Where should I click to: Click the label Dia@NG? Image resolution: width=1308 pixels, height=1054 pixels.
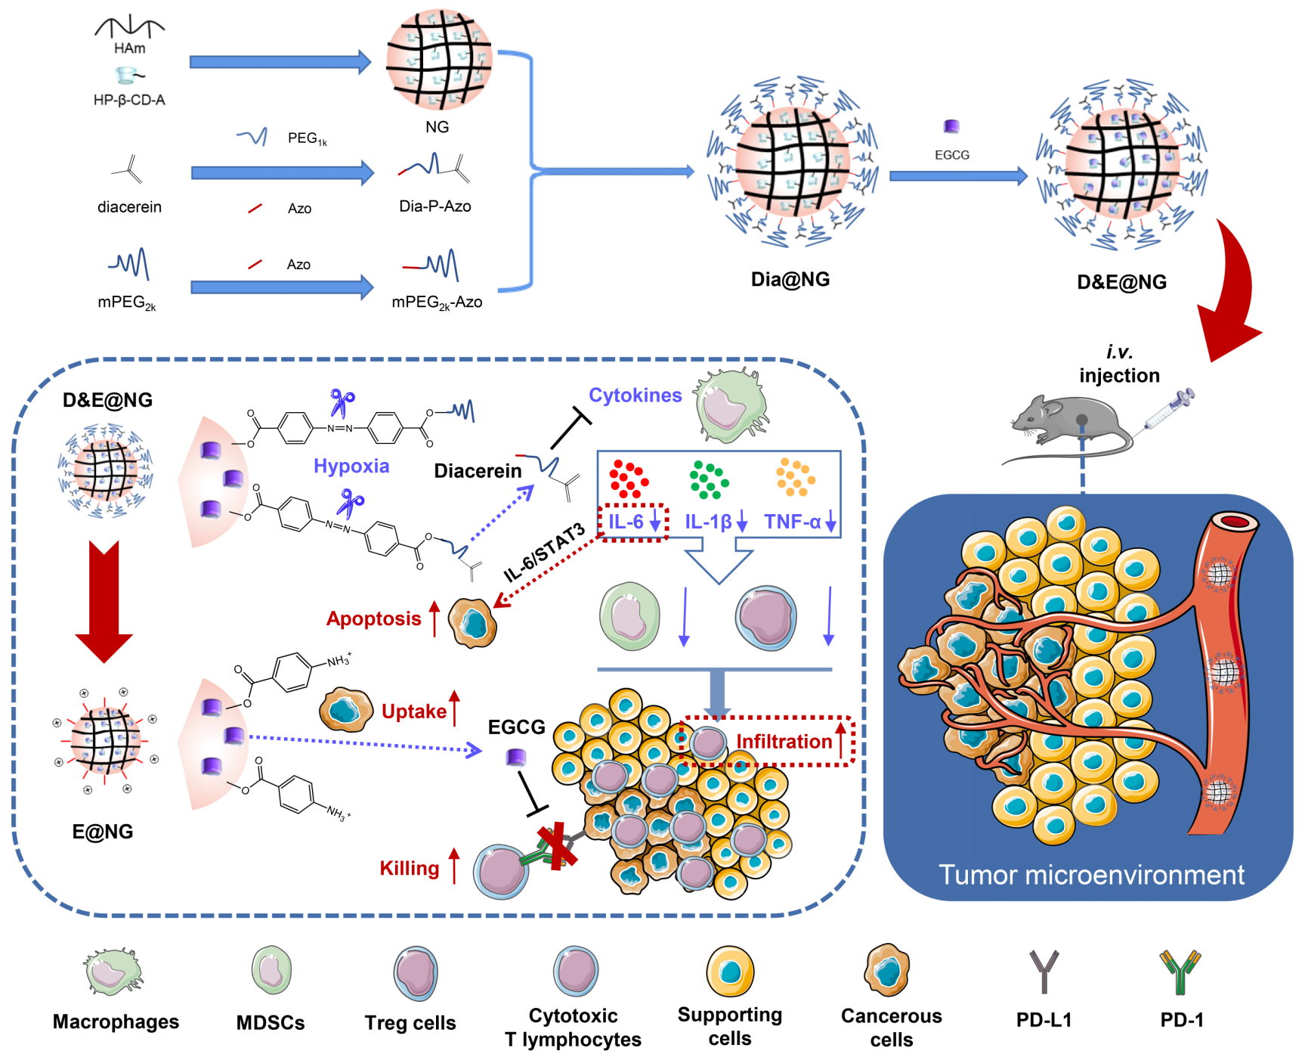point(790,280)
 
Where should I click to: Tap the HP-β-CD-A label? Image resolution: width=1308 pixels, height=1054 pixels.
point(129,100)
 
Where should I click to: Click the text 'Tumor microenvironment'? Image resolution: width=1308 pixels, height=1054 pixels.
point(1090,875)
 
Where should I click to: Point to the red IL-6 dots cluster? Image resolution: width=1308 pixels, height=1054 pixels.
point(629,479)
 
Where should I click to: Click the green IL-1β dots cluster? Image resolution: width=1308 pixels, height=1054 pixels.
point(708,480)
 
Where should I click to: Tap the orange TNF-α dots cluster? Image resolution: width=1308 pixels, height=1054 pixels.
point(795,477)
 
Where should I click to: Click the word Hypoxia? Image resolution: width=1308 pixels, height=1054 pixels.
point(351,466)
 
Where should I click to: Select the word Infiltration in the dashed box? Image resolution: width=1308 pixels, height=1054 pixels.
point(784,742)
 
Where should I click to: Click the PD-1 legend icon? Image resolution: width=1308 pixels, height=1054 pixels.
point(1180,972)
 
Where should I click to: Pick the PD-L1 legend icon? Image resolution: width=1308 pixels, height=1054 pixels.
point(1044,972)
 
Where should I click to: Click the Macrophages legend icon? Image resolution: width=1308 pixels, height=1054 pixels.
point(114,972)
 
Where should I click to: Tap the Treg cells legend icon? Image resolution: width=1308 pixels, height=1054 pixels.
point(415,973)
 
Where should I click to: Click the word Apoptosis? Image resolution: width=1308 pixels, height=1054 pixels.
point(373,618)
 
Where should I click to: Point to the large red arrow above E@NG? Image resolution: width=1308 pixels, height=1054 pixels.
point(104,601)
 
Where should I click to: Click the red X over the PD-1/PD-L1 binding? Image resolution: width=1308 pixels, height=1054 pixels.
point(557,847)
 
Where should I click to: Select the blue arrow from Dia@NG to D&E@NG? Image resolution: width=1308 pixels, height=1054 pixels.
point(958,176)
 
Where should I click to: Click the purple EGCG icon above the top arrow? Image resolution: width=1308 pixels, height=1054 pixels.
point(951,126)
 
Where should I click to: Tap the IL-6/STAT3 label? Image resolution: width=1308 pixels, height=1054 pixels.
point(544,552)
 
